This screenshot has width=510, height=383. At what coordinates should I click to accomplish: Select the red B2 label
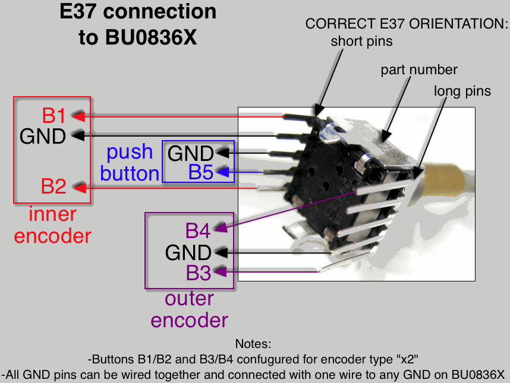pos(53,186)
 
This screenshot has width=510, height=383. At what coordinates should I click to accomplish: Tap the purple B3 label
pos(199,273)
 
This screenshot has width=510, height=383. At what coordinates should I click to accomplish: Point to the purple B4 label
pos(198,230)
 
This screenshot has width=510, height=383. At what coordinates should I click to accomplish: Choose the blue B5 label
pos(201,173)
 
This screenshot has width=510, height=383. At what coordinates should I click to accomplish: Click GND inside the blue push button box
pos(190,154)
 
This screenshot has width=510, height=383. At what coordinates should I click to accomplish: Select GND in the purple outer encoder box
pos(188,253)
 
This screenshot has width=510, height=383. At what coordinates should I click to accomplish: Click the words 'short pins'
pos(361,41)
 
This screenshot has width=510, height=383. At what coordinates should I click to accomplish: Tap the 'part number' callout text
pos(419,69)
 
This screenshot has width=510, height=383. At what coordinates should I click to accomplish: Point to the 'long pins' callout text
pos(462,91)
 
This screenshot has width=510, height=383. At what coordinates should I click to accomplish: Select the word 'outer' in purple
pos(188,299)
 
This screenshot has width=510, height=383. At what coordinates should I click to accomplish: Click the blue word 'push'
pos(130,152)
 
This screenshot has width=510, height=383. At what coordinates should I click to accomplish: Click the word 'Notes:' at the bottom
pos(253,344)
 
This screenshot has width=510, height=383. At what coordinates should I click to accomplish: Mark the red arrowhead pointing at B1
pos(78,115)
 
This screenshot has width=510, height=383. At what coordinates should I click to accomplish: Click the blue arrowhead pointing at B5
pos(222,173)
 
